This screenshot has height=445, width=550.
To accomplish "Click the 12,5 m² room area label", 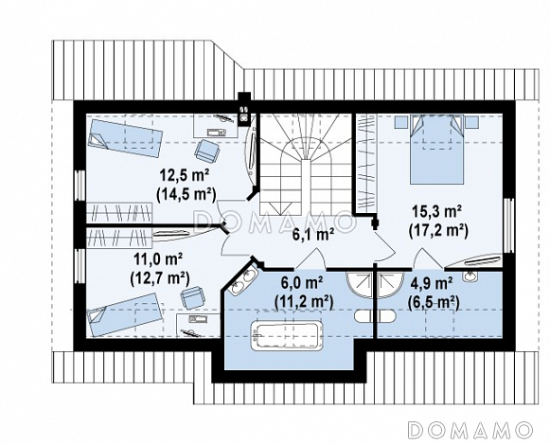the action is pyautogui.click(x=185, y=174).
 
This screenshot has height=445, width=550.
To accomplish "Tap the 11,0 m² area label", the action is pyautogui.click(x=158, y=259).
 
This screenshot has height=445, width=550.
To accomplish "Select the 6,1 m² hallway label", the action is pyautogui.click(x=313, y=235).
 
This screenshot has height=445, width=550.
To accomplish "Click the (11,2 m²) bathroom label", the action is pyautogui.click(x=304, y=301).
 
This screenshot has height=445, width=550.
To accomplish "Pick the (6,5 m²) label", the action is pyautogui.click(x=434, y=301).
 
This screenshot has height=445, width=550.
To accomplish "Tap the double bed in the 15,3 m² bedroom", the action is pyautogui.click(x=437, y=149).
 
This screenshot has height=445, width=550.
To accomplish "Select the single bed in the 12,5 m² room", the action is pyautogui.click(x=125, y=137).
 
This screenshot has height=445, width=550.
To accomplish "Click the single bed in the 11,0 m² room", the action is pyautogui.click(x=126, y=315).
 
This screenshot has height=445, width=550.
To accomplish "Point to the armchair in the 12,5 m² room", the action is pyautogui.click(x=207, y=151).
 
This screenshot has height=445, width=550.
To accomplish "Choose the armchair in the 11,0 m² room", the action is pyautogui.click(x=192, y=298).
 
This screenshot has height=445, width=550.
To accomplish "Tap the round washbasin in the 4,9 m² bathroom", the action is pyautogui.click(x=470, y=276).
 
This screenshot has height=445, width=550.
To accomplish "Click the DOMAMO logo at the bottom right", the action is pyautogui.click(x=470, y=429).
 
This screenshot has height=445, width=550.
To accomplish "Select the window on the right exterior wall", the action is pyautogui.click(x=508, y=225).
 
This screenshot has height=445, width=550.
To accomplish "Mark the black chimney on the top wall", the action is pyautogui.click(x=244, y=110).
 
